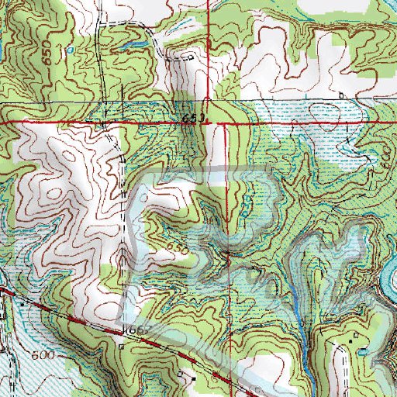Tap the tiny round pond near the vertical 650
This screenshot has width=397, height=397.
pyautogui.click(x=71, y=49)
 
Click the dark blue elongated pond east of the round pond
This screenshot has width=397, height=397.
pyautogui.click(x=128, y=46)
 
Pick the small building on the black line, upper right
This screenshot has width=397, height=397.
pyautogui.click(x=341, y=95)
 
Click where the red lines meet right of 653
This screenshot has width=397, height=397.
pyautogui.click(x=226, y=123)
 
